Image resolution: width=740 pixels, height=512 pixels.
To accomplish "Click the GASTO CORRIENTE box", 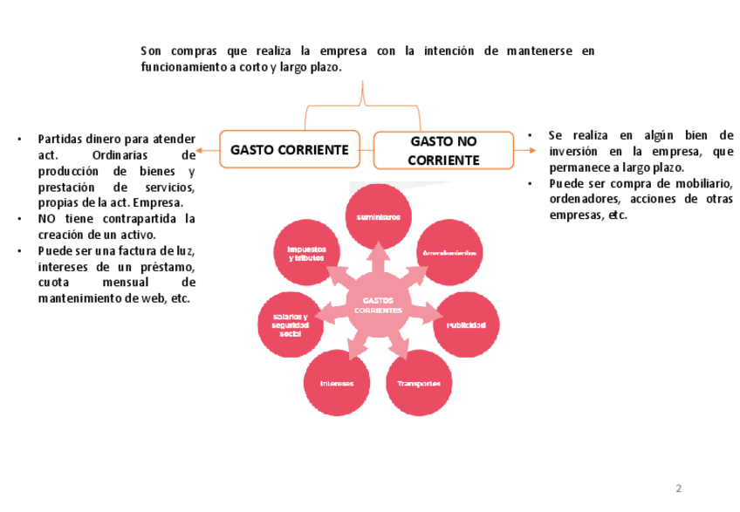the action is coord(289,149).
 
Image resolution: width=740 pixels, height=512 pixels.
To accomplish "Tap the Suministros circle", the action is coord(378,216).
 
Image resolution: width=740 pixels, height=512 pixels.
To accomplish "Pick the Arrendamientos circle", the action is coord(449,252).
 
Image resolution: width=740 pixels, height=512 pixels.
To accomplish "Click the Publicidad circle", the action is coord(467,324).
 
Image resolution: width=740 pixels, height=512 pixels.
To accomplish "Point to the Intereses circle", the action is coord(337,384).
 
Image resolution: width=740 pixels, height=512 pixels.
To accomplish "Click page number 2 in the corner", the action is coord(678,487).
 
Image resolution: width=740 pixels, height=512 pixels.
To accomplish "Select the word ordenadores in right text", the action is coord(585,200).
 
